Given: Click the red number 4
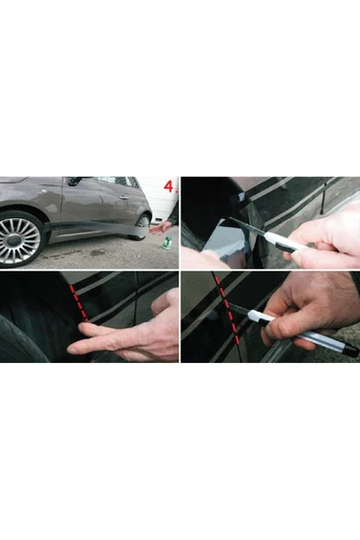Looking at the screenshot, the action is pyautogui.click(x=169, y=186).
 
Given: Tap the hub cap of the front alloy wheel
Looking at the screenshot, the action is pyautogui.click(x=20, y=240).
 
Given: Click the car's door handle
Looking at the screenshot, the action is pyautogui.click(x=124, y=197).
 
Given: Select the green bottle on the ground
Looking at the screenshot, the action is pyautogui.click(x=168, y=242).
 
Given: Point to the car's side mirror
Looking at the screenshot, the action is pyautogui.click(x=73, y=182).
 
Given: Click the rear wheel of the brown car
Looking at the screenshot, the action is pyautogui.click(x=142, y=225).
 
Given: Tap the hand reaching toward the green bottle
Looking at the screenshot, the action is pyautogui.click(x=160, y=228).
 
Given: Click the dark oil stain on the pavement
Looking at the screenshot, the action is pyautogui.click(x=96, y=254).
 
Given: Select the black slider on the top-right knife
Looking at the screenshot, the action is pyautogui.click(x=287, y=245).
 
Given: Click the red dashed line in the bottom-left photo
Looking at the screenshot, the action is pyautogui.click(x=78, y=304).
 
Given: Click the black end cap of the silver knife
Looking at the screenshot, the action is pyautogui.click(x=351, y=350).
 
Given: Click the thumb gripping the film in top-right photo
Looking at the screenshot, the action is pyautogui.click(x=200, y=257).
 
